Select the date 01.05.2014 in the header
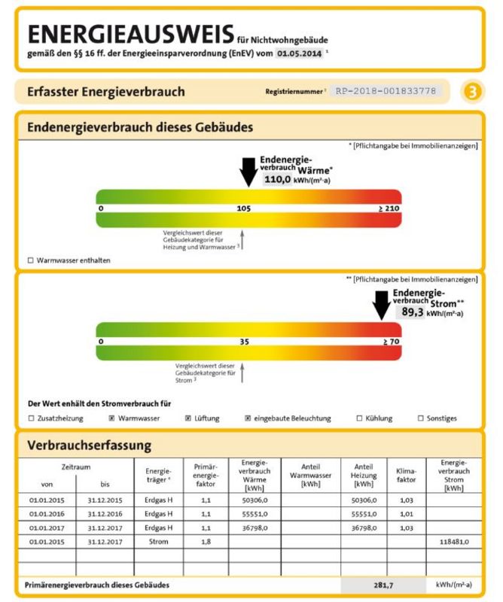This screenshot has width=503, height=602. (x=300, y=53)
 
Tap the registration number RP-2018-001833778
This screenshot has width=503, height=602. (x=386, y=91)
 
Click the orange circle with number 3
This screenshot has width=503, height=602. (x=473, y=91)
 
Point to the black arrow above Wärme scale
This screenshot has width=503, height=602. (x=248, y=171)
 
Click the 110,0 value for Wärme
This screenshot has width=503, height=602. (x=277, y=180)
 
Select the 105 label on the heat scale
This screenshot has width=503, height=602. (x=243, y=207)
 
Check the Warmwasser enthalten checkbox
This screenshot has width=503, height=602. (x=31, y=260)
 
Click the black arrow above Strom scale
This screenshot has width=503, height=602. (x=382, y=306)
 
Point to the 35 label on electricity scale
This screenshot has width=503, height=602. (x=243, y=342)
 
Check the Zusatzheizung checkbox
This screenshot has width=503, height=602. (x=31, y=418)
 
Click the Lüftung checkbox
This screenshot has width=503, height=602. (x=187, y=418)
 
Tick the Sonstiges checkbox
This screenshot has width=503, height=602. (x=421, y=418)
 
